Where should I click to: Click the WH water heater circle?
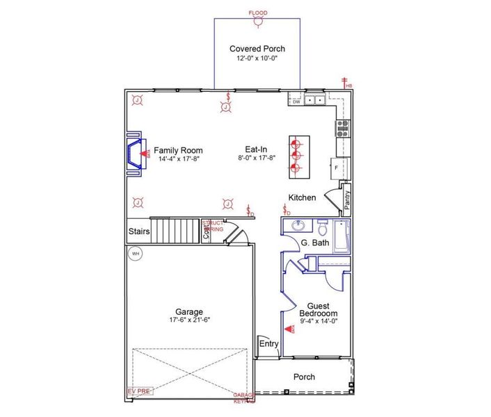click(136, 254)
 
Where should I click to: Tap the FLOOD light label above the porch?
click(257, 13)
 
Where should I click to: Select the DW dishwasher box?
click(296, 101)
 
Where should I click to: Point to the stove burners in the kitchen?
click(342, 127)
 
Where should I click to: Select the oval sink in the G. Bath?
click(299, 226)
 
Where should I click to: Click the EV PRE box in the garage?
click(140, 391)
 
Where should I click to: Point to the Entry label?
click(268, 343)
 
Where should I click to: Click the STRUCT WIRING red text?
click(213, 226)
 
